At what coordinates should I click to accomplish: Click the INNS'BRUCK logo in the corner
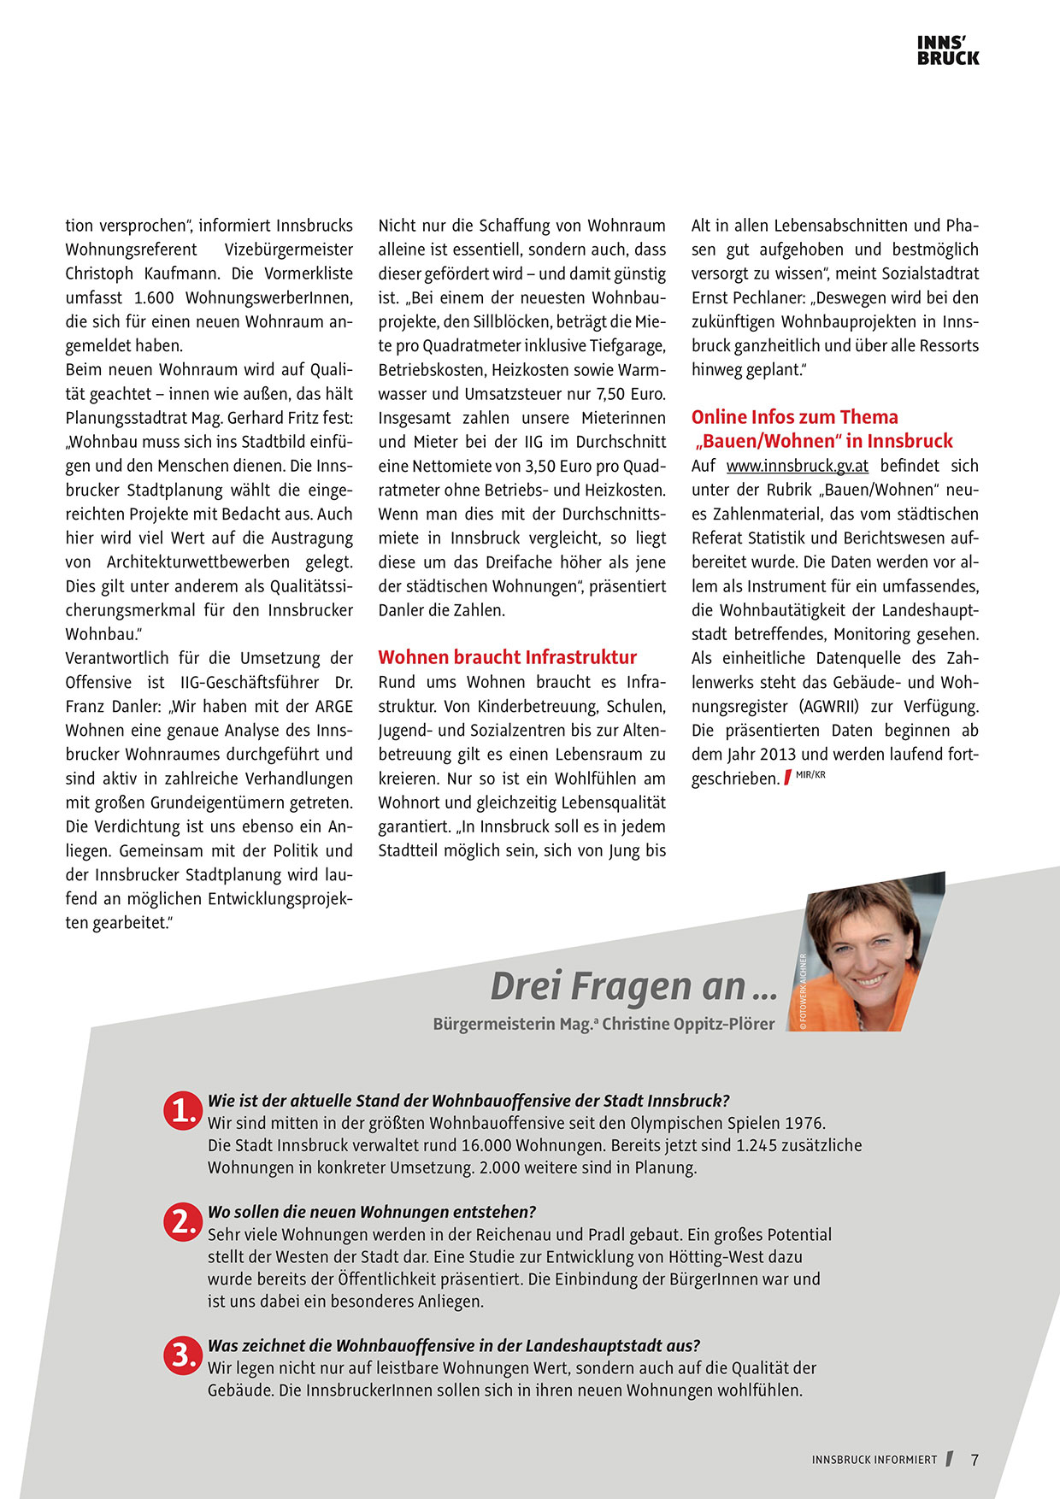click(947, 50)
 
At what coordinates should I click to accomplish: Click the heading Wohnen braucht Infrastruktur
click(507, 657)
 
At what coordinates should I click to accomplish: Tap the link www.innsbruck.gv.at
click(797, 466)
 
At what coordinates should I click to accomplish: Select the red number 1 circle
click(182, 1110)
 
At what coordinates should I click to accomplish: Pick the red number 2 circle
click(182, 1222)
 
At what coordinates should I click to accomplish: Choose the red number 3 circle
click(182, 1355)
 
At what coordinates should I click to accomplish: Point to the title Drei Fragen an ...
click(633, 986)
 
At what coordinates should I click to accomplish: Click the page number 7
click(975, 1460)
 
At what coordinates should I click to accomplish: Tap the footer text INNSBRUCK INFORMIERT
click(874, 1460)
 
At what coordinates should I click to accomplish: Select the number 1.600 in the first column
click(155, 298)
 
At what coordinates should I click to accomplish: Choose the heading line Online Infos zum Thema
click(794, 417)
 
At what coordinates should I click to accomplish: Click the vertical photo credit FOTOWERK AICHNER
click(803, 991)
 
